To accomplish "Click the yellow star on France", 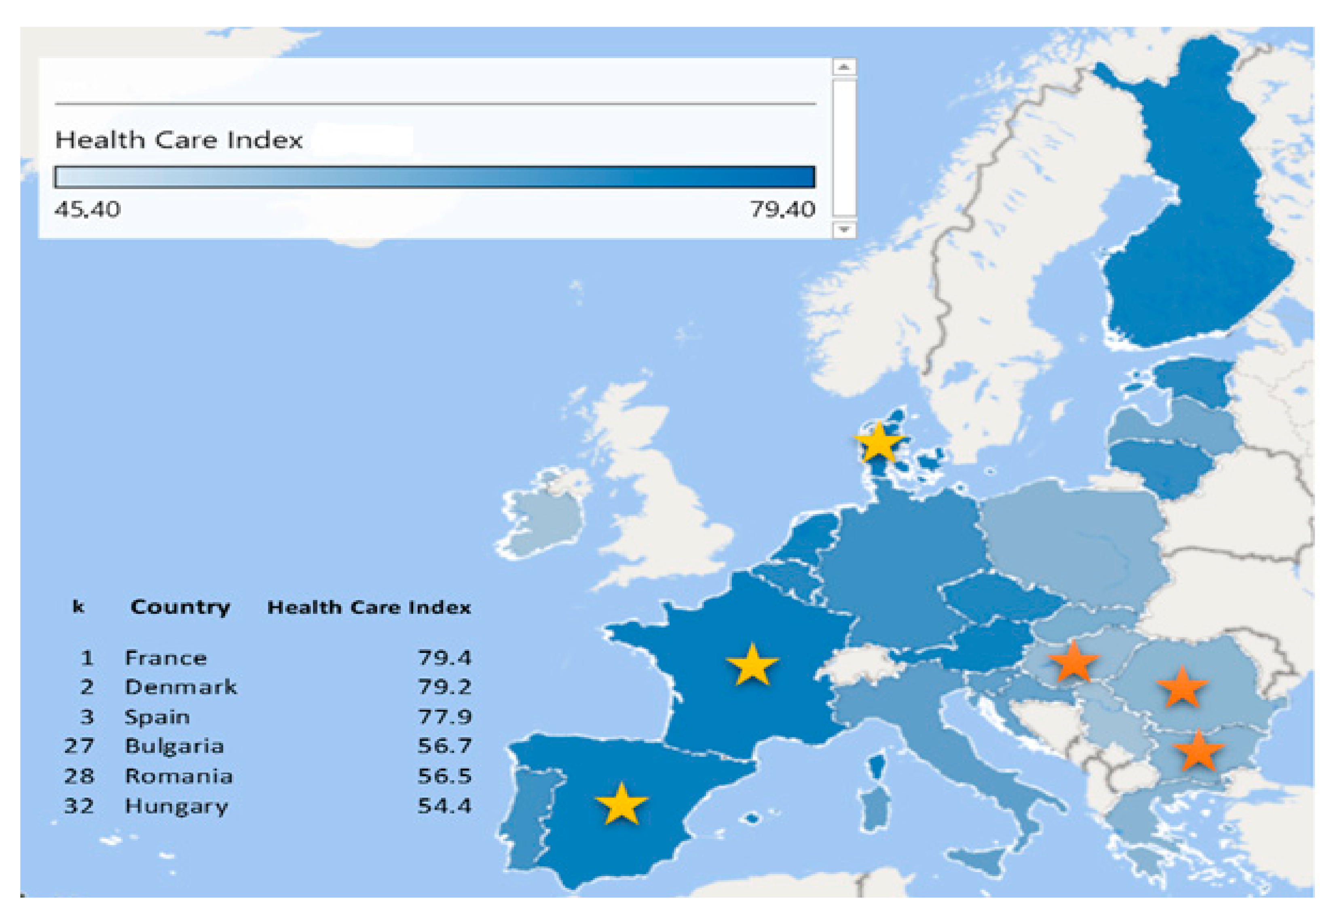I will (x=752, y=664).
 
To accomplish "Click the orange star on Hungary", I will (x=1073, y=661).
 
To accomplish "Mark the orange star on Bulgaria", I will (x=1198, y=751).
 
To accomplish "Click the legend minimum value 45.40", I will (x=87, y=210).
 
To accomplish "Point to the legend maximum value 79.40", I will (x=782, y=210).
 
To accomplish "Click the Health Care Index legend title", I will (x=179, y=140).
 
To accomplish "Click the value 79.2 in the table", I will (x=444, y=687).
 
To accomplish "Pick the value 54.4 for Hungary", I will (x=444, y=806).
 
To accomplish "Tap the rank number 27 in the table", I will (x=79, y=746).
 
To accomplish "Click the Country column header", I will (x=180, y=607).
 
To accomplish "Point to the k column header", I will (x=78, y=606).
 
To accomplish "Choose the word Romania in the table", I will (x=179, y=776).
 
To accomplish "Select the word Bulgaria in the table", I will (x=174, y=746).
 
